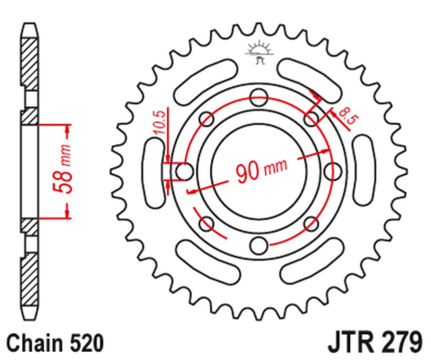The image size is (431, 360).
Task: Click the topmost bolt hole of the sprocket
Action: coord(259,96)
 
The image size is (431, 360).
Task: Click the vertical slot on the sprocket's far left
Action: coord(150,171)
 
